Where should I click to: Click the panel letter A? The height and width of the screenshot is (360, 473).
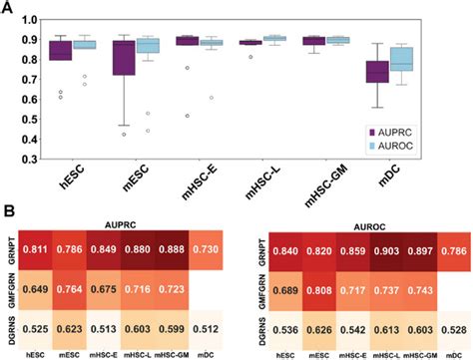[x=9, y=8]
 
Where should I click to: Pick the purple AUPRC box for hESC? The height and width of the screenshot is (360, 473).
[x=62, y=51]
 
